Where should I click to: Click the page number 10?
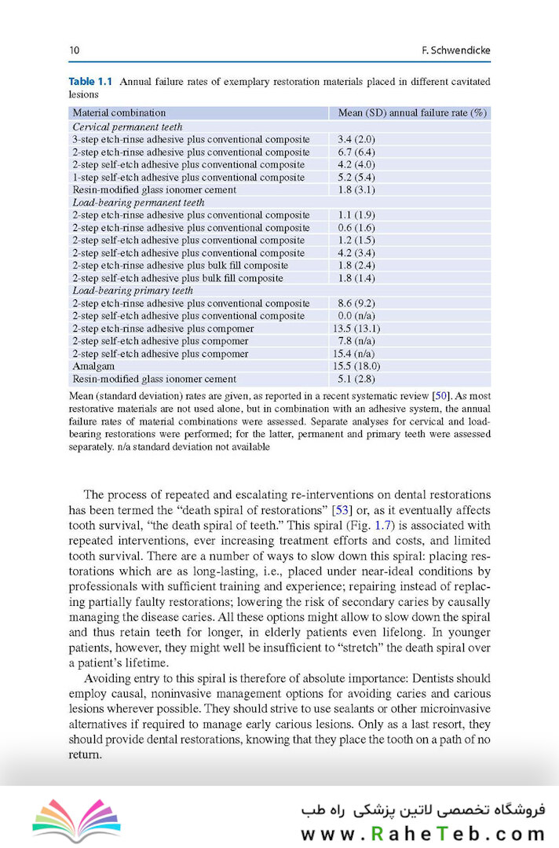click(x=75, y=51)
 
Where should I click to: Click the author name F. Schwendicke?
click(x=455, y=51)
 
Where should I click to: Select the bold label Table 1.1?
click(x=91, y=81)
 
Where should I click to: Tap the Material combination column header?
click(x=119, y=112)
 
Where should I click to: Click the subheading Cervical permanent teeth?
click(x=127, y=127)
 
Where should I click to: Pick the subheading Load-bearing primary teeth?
click(x=133, y=291)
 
